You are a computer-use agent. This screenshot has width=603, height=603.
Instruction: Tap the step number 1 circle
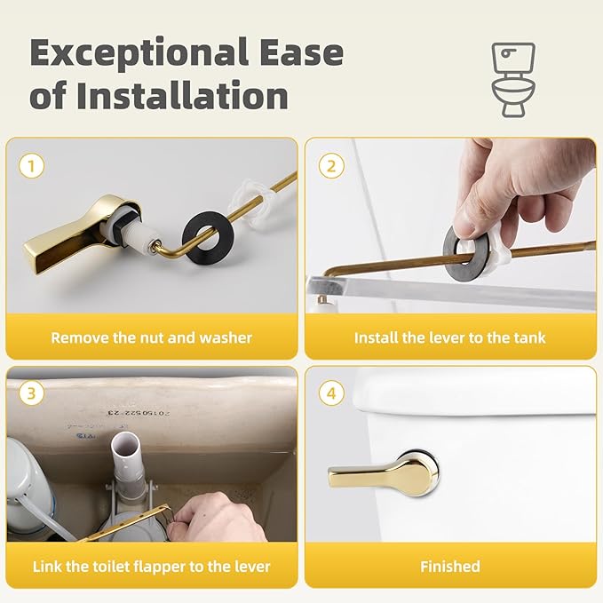click(33, 165)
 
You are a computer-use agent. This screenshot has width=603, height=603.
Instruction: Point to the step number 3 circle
click(33, 393)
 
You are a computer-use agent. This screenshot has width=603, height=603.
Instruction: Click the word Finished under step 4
click(449, 567)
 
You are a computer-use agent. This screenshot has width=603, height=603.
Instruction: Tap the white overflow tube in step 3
click(124, 470)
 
